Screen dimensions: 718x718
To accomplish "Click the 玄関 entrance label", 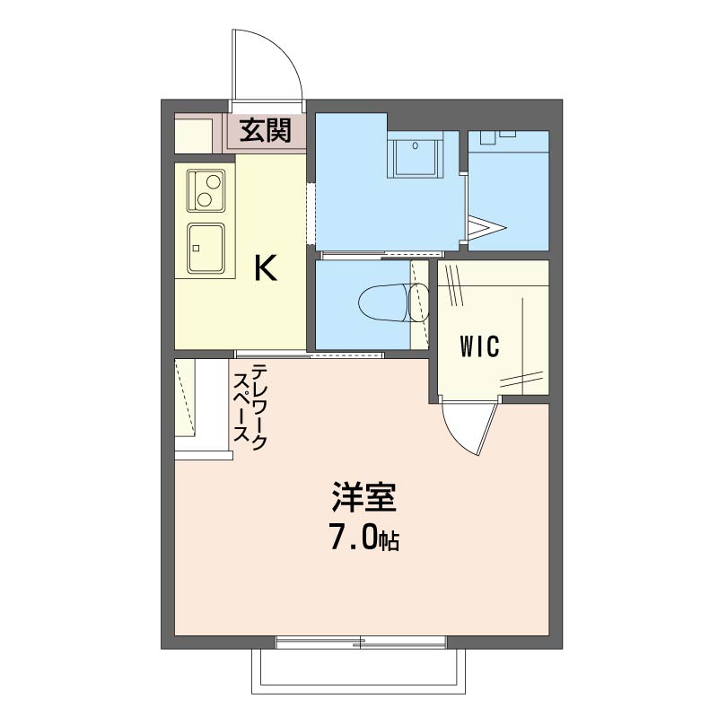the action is pos(265,130).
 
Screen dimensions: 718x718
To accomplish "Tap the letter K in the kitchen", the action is pos(265,268).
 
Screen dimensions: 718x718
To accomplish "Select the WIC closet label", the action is pos(479,346).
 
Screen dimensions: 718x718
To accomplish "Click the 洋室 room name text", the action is pos(363,497).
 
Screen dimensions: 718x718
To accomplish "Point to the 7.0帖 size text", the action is pos(363,538).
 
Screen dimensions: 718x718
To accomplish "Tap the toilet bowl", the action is pos(393,302).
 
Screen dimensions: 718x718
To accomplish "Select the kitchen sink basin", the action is pos(206,248).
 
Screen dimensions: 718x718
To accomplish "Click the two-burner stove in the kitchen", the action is pos(206,190).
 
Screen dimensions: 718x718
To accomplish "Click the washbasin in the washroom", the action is pos(415,154).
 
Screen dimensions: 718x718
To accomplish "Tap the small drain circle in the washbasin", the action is pos(415,146).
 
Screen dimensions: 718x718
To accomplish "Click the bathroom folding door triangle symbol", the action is pos(486,228).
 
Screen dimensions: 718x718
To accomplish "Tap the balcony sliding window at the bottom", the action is pos(361,643).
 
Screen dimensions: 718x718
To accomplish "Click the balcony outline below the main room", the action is pos(359,692).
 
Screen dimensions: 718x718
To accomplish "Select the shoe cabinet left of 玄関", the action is pos(194,133).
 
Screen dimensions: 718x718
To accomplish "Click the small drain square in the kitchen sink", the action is pos(196,249).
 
